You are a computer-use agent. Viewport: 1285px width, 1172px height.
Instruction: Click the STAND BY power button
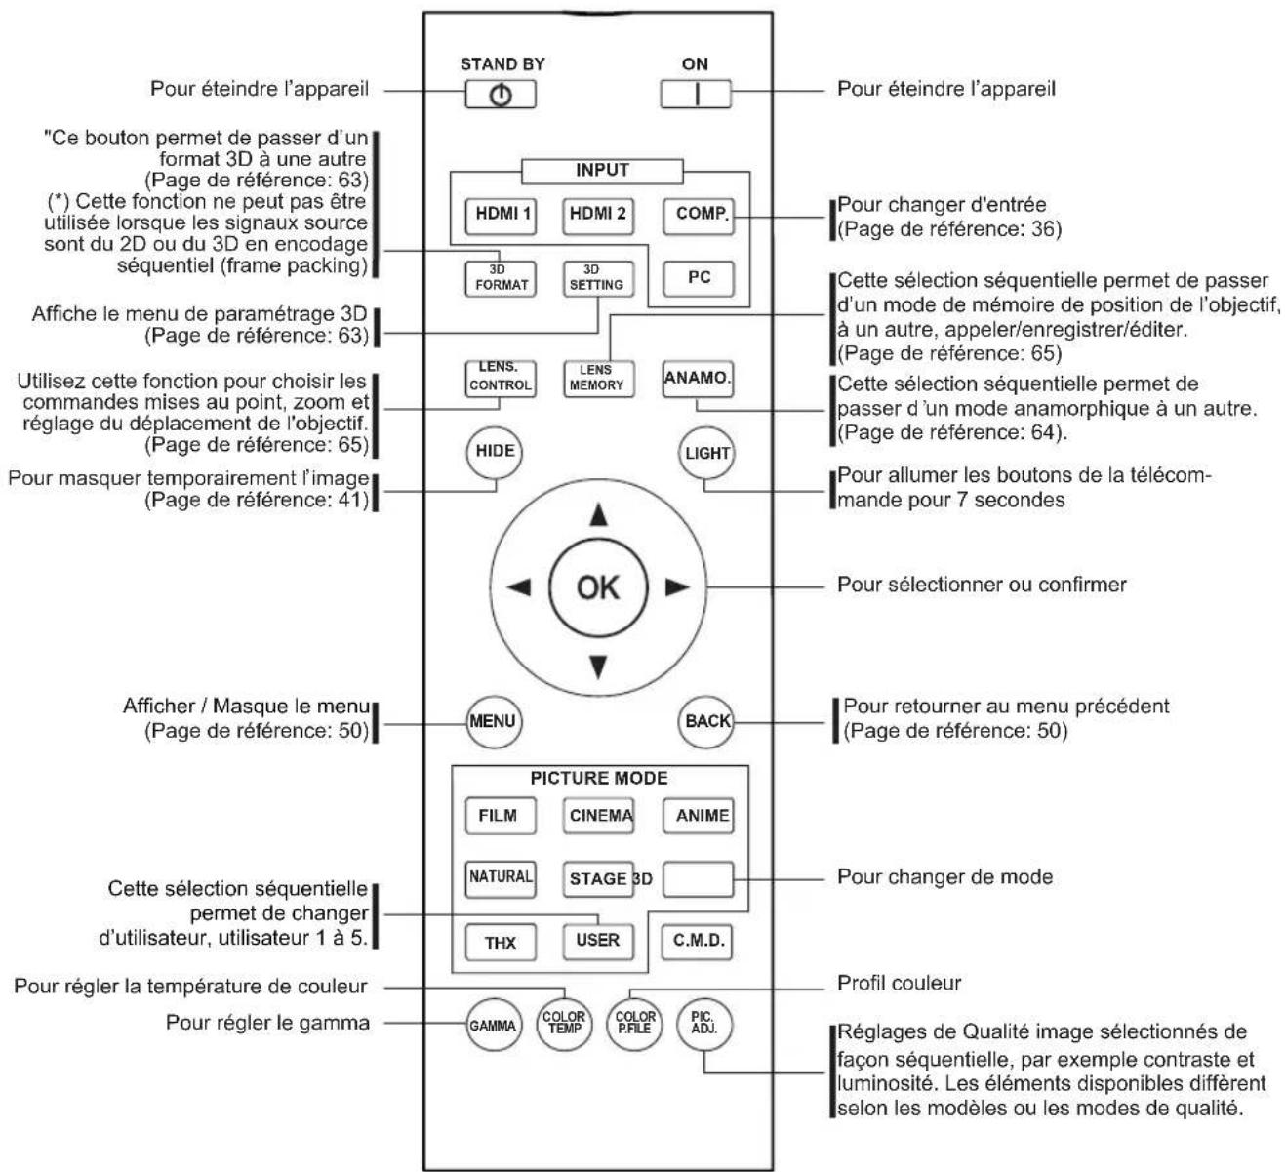pos(501,95)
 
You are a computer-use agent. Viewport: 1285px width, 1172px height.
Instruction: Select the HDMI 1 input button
pos(501,216)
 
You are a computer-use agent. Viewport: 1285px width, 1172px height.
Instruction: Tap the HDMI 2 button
pos(598,216)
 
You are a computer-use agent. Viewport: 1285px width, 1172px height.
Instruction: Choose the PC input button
pos(699,278)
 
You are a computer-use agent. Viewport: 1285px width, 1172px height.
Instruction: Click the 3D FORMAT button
pos(501,278)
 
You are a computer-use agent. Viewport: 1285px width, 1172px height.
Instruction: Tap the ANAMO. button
pos(698,379)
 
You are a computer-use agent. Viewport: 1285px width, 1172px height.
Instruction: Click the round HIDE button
pos(495,452)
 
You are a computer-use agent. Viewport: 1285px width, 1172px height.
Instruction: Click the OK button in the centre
pos(598,586)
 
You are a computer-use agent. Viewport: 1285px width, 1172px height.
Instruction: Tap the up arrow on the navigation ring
pos(598,514)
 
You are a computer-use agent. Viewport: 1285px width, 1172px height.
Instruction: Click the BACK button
pos(705,721)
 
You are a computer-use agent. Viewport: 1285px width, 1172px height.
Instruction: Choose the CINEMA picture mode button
pos(598,815)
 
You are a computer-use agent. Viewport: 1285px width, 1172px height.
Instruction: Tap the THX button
pos(501,942)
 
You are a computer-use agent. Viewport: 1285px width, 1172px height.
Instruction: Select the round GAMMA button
pos(494,1025)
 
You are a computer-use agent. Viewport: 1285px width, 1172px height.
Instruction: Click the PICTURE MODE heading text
pos(599,778)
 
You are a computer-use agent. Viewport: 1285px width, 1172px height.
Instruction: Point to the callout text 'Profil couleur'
pos(899,984)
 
